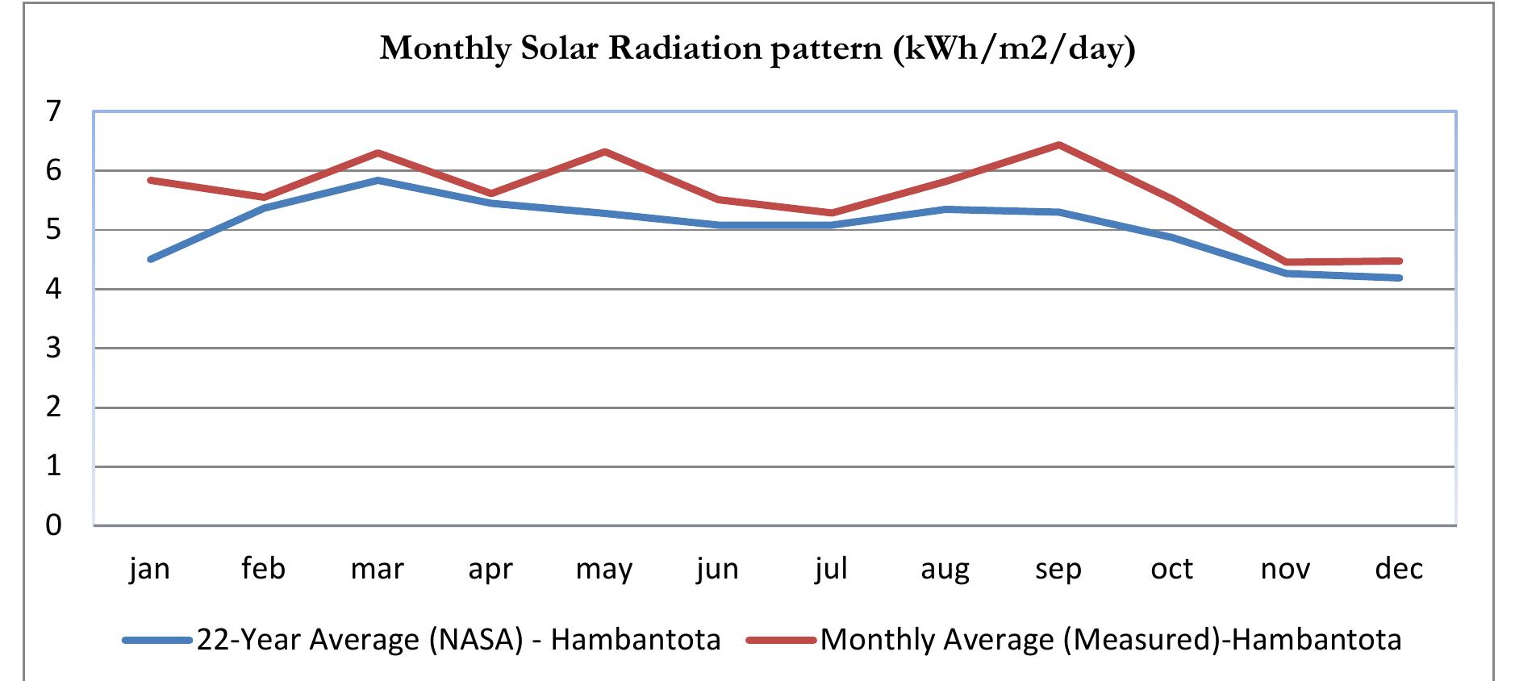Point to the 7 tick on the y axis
point(53,111)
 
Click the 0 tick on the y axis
point(53,525)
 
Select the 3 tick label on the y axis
point(53,348)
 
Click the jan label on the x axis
point(149,569)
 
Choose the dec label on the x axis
point(1399,569)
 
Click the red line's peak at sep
point(1058,145)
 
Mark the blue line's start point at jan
point(150,259)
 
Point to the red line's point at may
point(604,152)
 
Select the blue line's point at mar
point(378,180)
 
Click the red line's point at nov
point(1285,262)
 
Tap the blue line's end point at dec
point(1400,278)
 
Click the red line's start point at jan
point(150,180)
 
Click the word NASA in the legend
point(477,640)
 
